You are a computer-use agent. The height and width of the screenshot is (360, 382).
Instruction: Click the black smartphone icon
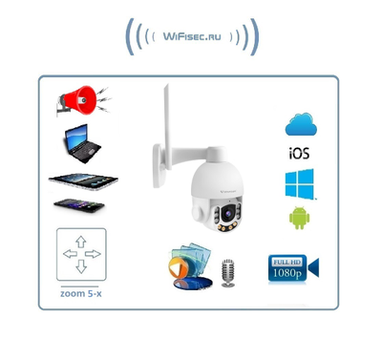tap(79, 205)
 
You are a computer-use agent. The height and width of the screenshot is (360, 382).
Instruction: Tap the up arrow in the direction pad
tap(81, 240)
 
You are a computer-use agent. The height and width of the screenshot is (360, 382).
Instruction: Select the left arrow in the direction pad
tap(68, 254)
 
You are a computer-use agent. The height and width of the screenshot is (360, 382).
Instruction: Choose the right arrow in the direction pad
tap(95, 254)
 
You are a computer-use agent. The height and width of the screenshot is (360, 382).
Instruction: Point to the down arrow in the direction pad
tap(81, 268)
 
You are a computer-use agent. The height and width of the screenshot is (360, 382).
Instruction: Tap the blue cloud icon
tap(301, 124)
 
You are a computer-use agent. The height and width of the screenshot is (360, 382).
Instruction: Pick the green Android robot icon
tap(299, 218)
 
